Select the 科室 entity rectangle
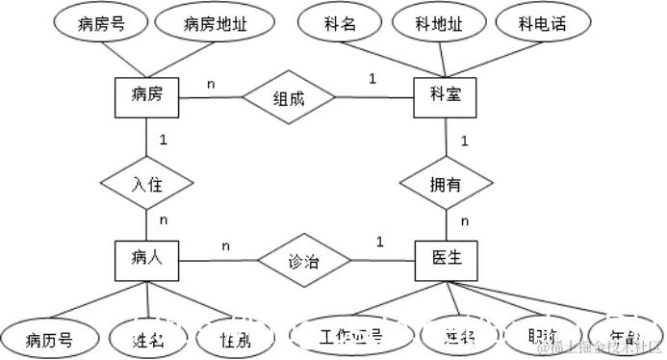[x=445, y=97]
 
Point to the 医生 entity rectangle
[x=446, y=259]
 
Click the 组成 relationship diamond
[x=289, y=97]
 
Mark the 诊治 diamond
[x=304, y=260]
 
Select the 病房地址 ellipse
[x=215, y=24]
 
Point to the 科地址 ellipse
[x=438, y=24]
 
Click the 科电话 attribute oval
[x=540, y=24]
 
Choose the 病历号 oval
[x=48, y=336]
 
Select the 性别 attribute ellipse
[x=230, y=336]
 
